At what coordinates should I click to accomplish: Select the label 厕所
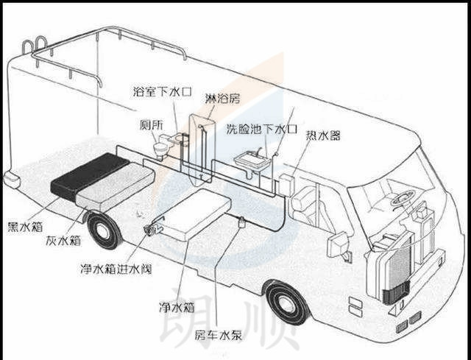click(x=152, y=123)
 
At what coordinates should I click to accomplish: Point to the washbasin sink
click(x=249, y=158)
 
